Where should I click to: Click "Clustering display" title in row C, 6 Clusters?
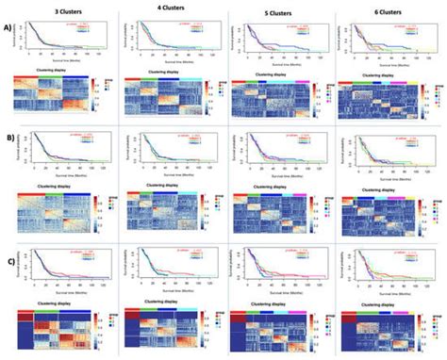coord(382,297)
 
